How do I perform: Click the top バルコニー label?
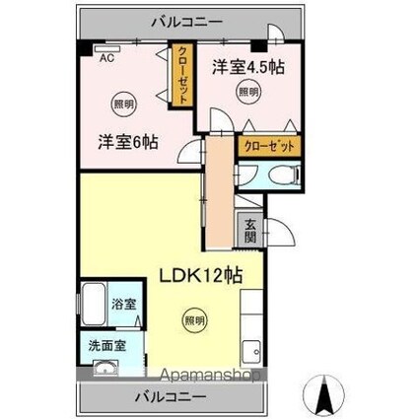tap(186, 21)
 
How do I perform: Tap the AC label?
tap(104, 56)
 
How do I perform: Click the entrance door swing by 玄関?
tap(279, 234)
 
